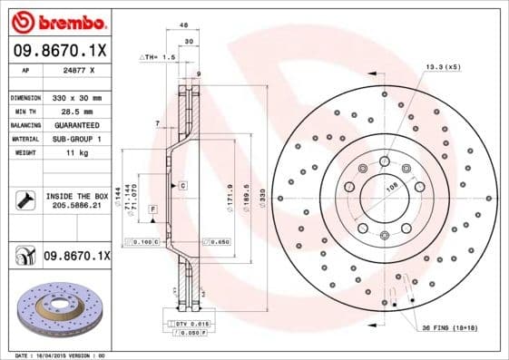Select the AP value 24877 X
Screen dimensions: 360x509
point(76,68)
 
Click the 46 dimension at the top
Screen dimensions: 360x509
point(184,25)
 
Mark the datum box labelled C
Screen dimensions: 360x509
point(182,185)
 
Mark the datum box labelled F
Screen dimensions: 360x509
point(152,209)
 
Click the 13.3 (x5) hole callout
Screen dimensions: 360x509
point(443,66)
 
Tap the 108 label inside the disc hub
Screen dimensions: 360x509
point(393,187)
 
